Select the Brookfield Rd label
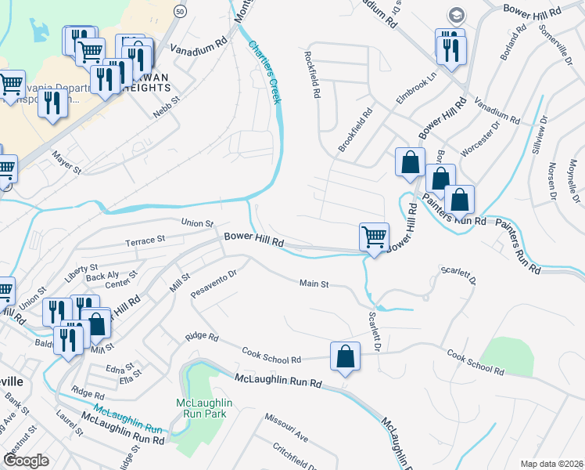[357, 130]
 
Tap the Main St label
[314, 284]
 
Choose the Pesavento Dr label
[214, 285]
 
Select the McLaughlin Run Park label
[201, 408]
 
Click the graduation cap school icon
[454, 15]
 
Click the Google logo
[26, 461]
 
